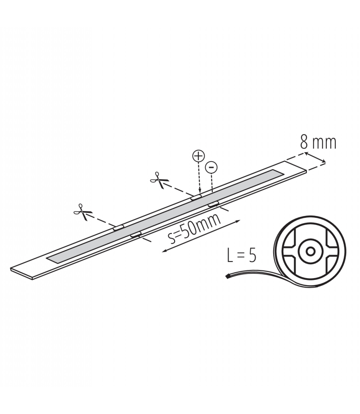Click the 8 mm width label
pyautogui.click(x=318, y=143)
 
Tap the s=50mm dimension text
pyautogui.click(x=194, y=229)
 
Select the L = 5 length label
pyautogui.click(x=241, y=256)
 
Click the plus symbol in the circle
pyautogui.click(x=198, y=156)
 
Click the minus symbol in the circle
pyautogui.click(x=211, y=167)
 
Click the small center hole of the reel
pyautogui.click(x=310, y=251)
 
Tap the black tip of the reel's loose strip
pyautogui.click(x=227, y=276)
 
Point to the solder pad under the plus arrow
pyautogui.click(x=197, y=197)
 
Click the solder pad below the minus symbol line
pyautogui.click(x=213, y=204)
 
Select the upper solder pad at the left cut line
pyautogui.click(x=119, y=227)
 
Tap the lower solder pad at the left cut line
pyautogui.click(x=136, y=234)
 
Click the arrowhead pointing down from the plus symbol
pyautogui.click(x=199, y=192)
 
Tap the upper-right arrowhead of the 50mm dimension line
pyautogui.click(x=238, y=221)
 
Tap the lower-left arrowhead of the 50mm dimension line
pyautogui.click(x=164, y=251)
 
